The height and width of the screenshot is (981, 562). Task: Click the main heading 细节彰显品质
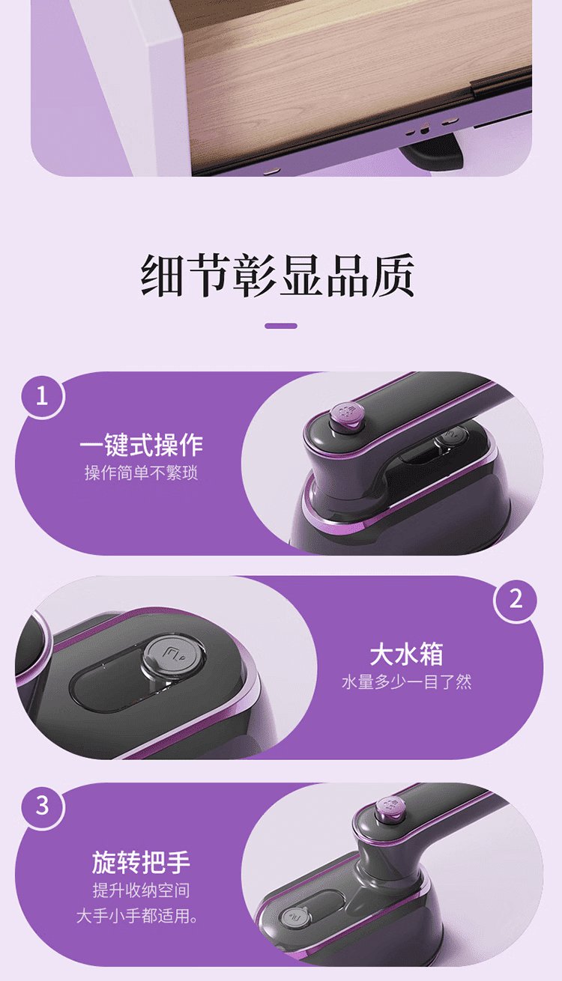coord(277,275)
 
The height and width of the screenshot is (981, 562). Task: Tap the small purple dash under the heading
coord(281,326)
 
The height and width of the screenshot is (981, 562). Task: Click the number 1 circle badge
coord(42,396)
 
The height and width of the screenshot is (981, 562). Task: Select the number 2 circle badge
coord(516,598)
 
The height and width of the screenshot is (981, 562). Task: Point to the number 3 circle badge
coord(42,805)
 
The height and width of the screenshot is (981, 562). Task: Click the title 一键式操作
coord(141,446)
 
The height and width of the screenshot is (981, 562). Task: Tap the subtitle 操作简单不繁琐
coord(141,473)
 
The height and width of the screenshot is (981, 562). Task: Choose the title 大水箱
coord(406,654)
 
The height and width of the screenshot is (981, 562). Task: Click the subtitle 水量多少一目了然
coord(406,682)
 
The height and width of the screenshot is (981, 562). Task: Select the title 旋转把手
coord(141,863)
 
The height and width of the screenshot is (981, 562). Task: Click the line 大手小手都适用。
coord(137,916)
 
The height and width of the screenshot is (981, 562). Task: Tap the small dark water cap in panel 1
coord(452,438)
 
